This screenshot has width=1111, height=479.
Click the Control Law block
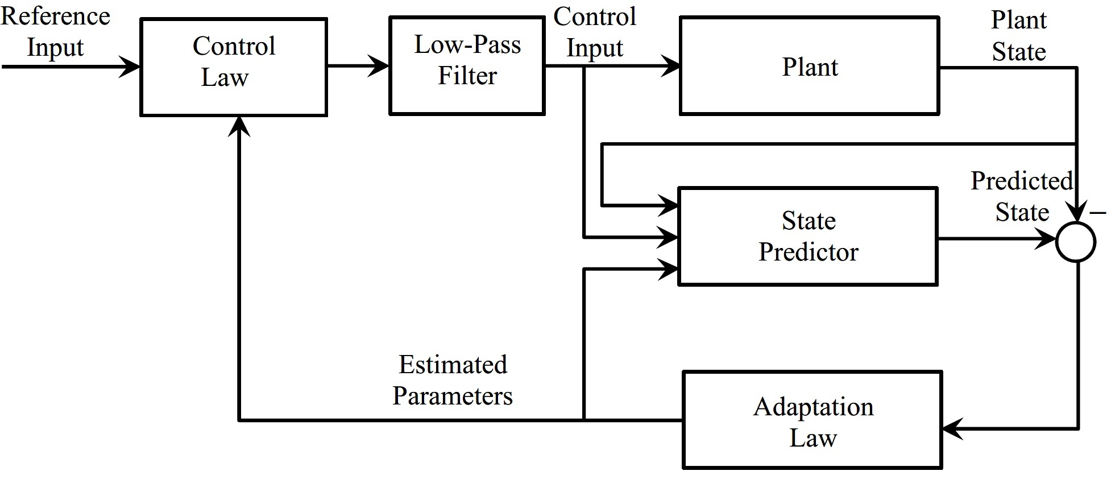click(x=234, y=67)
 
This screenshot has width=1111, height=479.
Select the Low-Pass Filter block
click(x=467, y=65)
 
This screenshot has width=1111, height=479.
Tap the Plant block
click(x=809, y=65)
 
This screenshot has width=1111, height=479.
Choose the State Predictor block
click(x=808, y=236)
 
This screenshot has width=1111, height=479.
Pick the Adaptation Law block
click(x=812, y=420)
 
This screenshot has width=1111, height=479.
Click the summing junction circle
click(x=1076, y=242)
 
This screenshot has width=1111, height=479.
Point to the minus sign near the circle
click(x=1098, y=213)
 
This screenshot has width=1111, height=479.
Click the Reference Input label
click(x=55, y=32)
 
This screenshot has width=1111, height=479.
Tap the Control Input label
click(x=595, y=32)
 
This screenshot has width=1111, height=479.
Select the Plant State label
click(x=1019, y=35)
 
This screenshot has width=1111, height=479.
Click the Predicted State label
click(x=1022, y=196)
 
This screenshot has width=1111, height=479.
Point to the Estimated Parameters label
click(x=453, y=380)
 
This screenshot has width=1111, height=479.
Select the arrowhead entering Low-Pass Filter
click(x=378, y=65)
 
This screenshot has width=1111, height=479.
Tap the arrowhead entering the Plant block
click(x=669, y=66)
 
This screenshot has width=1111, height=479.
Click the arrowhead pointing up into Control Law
click(x=239, y=127)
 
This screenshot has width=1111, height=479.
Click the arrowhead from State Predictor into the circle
click(x=1046, y=238)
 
